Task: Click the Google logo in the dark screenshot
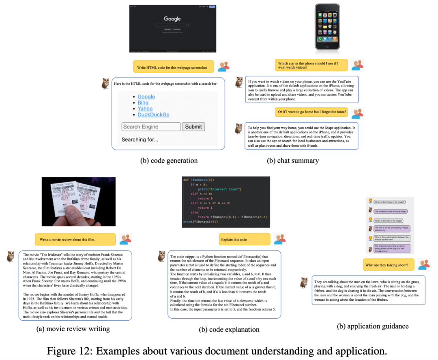point(172,19)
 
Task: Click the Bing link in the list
point(143,103)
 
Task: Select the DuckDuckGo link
point(153,115)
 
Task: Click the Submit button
point(193,126)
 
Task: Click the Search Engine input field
point(151,126)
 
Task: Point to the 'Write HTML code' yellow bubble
point(172,67)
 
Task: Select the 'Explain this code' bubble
point(244,239)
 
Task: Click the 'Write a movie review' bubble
point(75,239)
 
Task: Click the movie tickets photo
point(78,201)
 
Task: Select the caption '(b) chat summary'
point(293,161)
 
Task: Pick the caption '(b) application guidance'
point(373,326)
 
